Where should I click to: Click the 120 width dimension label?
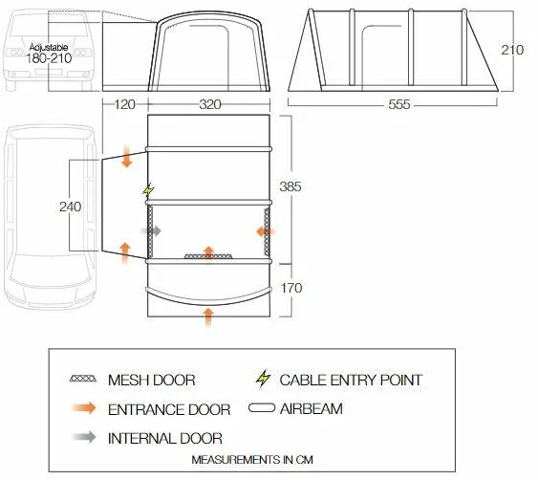point(124,104)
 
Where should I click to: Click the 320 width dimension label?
point(210,104)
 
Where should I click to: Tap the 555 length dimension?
point(399,104)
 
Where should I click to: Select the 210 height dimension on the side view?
point(512,50)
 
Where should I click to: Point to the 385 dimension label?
point(291,186)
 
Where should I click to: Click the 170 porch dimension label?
point(291,288)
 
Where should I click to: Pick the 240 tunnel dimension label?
point(71,207)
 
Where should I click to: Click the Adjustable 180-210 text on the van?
point(49,54)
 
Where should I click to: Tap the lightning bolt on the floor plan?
point(148,190)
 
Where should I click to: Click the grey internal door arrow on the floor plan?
point(151,231)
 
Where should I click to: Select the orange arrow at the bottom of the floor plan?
point(208,317)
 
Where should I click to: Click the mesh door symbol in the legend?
point(83,379)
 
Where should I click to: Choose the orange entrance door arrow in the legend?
point(84,408)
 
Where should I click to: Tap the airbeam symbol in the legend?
point(262,408)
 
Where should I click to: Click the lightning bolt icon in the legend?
point(263,378)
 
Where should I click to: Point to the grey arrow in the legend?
point(84,437)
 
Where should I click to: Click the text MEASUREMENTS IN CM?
point(252,459)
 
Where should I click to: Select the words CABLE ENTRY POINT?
point(351,381)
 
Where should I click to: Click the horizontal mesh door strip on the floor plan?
point(208,256)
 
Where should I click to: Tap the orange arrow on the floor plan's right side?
point(266,231)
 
